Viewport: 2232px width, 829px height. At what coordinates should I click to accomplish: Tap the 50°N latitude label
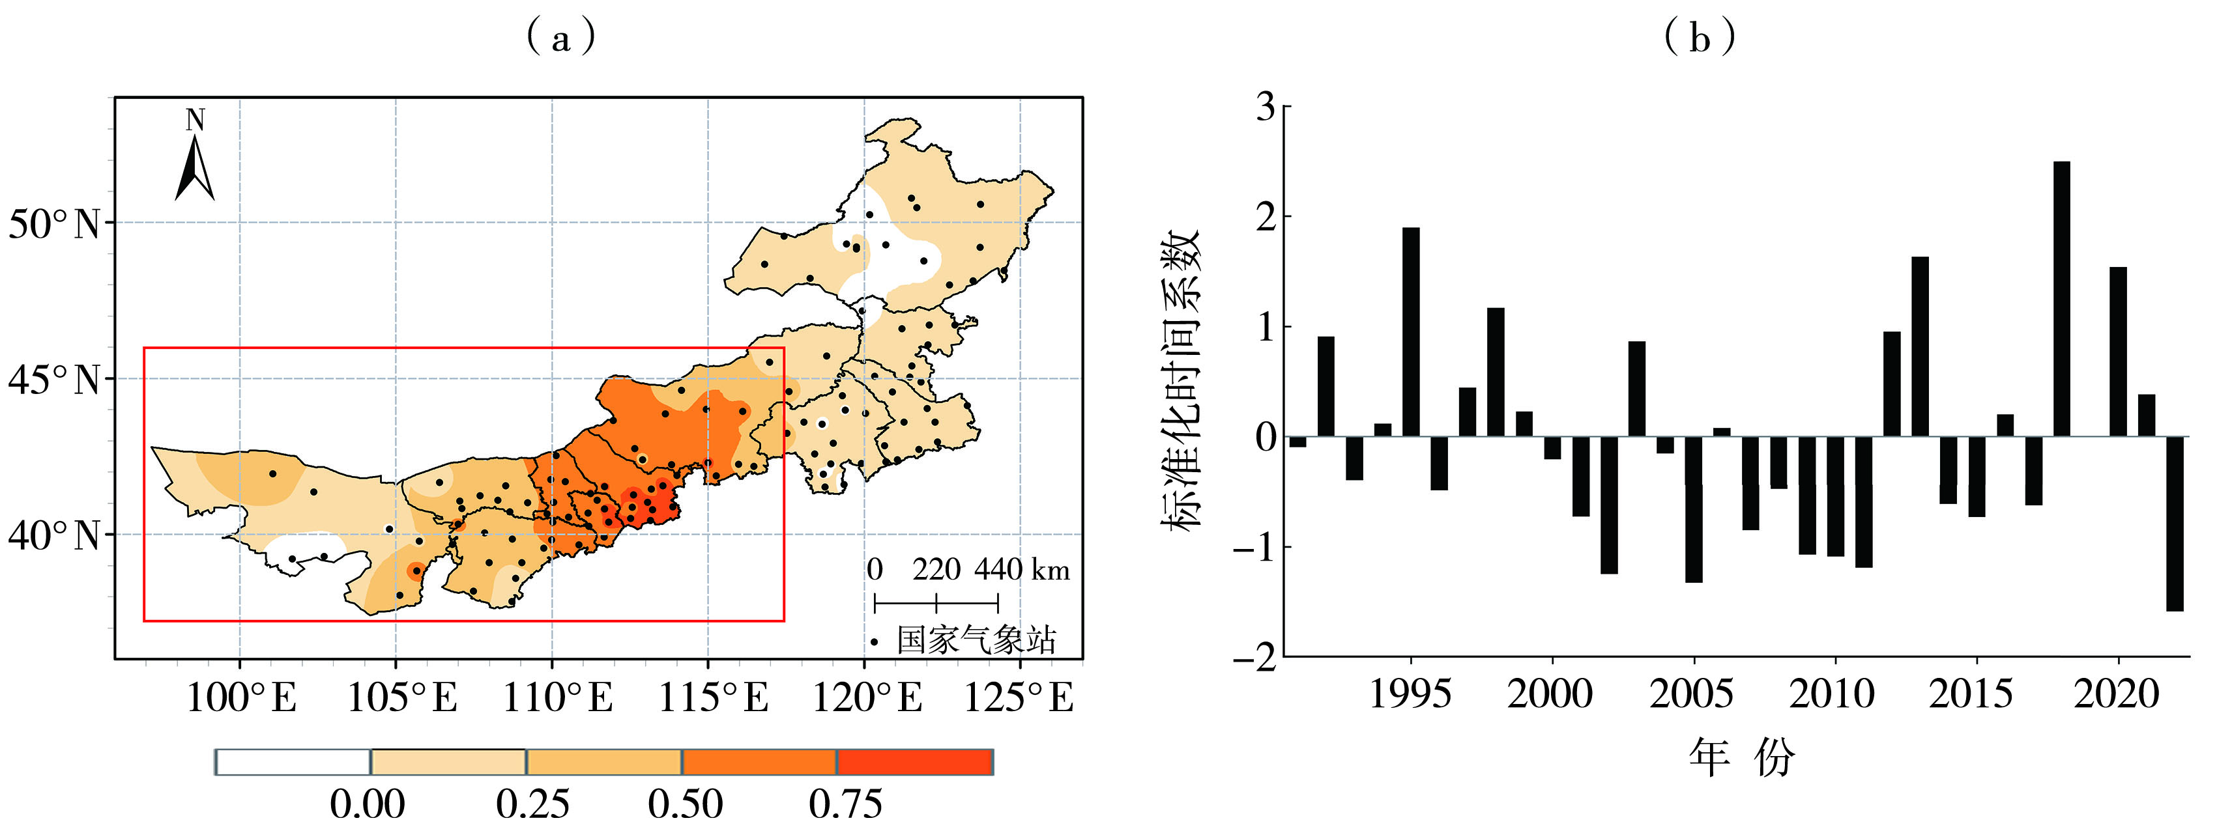55,225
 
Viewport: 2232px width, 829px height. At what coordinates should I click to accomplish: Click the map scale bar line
936,602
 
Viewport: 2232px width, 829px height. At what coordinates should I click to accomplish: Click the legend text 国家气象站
976,640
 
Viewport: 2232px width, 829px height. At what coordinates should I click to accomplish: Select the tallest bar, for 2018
2061,299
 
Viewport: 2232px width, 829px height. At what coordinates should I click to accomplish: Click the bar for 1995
1411,331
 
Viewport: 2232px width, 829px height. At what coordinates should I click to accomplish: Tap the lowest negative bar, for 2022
2175,524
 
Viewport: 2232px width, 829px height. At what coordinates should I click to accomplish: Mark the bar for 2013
1920,346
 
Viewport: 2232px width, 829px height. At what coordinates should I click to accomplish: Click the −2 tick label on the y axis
1256,658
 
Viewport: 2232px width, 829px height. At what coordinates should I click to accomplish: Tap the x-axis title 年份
1741,758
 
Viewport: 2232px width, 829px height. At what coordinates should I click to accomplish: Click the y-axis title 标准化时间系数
1180,381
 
